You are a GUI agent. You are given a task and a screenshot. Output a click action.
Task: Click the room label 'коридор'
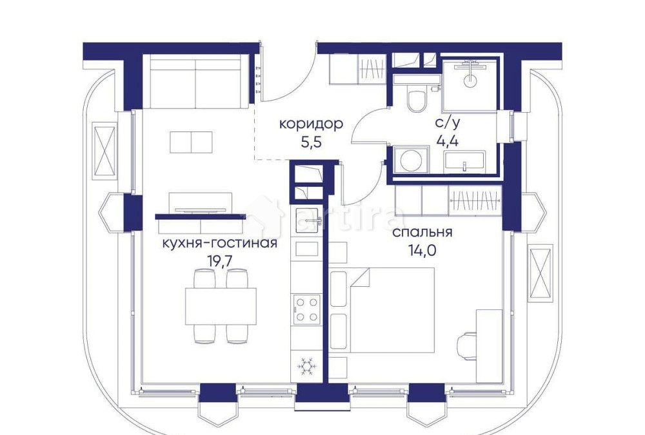coord(310,124)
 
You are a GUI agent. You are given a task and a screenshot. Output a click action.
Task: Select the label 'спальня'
coord(422,233)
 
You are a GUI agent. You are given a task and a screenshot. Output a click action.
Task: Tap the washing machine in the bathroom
coord(410,159)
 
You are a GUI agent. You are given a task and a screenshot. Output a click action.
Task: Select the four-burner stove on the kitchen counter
coord(306,308)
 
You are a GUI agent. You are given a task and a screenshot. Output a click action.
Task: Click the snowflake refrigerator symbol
coord(307,366)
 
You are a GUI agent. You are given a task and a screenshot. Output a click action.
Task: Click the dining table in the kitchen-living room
coord(221,305)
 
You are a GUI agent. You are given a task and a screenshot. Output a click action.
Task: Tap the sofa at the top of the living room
coord(195,82)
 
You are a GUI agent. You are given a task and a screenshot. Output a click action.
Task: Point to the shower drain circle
coord(470,81)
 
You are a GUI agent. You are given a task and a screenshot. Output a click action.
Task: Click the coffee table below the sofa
coord(192,142)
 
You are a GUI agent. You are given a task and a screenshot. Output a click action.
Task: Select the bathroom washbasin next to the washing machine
coord(464,160)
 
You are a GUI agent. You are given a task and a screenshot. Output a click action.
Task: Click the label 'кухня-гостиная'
coord(219,244)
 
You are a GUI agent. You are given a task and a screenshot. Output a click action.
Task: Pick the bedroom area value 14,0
coord(422,251)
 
